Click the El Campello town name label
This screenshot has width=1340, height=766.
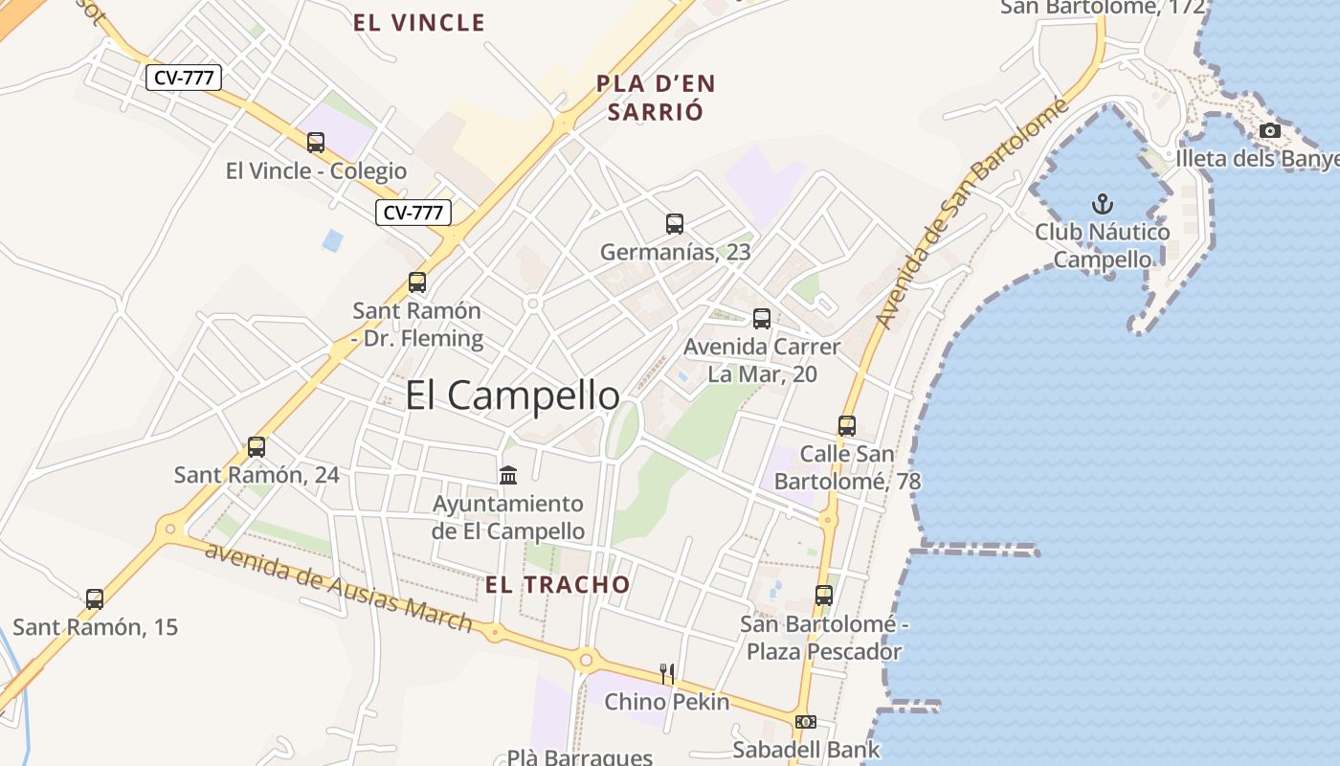point(512,395)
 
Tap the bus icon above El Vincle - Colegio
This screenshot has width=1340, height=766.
point(316,143)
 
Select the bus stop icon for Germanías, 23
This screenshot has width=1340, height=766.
point(675,224)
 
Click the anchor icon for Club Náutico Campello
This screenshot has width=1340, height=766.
point(1103,204)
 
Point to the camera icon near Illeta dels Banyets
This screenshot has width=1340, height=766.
point(1270,130)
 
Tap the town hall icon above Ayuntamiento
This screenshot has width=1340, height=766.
point(508,475)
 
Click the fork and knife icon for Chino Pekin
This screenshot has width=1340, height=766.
point(667,674)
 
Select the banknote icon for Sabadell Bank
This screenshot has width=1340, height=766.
point(806,721)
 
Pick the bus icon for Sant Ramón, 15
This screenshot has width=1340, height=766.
point(95,599)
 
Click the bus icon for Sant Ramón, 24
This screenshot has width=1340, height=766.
point(257,446)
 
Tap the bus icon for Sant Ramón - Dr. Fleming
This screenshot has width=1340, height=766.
point(417,282)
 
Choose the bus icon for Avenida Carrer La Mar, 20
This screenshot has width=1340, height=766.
point(762,319)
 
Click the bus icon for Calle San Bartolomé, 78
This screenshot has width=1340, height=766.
point(847,426)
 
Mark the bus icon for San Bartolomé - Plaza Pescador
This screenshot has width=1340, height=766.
point(824,596)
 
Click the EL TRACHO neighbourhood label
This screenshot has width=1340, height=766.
point(558,585)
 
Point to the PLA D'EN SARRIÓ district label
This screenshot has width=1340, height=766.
point(656,97)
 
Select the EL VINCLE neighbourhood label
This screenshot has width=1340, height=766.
point(419,23)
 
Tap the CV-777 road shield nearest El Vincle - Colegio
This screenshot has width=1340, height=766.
point(413,213)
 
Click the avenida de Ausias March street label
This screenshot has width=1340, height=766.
point(339,589)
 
